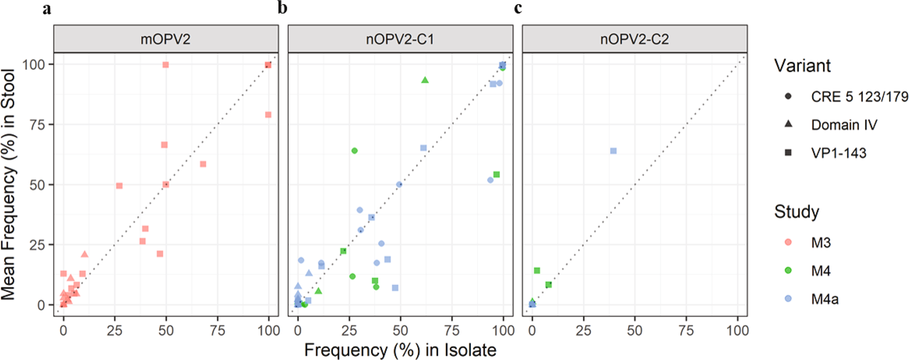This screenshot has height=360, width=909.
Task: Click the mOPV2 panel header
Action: pos(165,39)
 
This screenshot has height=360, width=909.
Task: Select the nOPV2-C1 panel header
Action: pos(400,39)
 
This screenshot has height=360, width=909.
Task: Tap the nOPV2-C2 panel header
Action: pos(634,39)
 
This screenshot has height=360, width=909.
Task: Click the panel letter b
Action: pos(282,8)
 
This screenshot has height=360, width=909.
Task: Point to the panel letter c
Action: pos(518,8)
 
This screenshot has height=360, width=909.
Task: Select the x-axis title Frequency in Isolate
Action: pos(400,350)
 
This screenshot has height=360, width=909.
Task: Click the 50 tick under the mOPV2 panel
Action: pos(166,330)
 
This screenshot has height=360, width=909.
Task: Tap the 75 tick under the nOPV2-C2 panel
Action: pos(686,330)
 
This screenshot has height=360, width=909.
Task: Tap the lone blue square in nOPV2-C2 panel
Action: pos(613,151)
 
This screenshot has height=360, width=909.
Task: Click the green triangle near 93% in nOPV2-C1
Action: pos(425,80)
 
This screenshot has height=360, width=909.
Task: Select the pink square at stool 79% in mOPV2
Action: pos(268,115)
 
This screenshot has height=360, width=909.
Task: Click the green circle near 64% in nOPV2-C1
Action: pos(354,151)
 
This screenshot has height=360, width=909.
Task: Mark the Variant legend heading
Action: pos(802,66)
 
